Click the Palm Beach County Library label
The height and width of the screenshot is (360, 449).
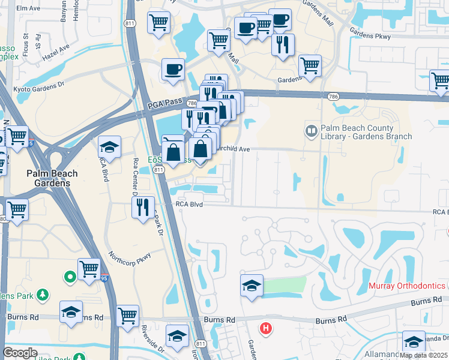pyautogui.click(x=366, y=132)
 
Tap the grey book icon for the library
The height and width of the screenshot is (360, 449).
pyautogui.click(x=312, y=130)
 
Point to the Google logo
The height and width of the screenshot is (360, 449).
pyautogui.click(x=20, y=353)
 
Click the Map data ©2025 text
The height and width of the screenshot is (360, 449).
pyautogui.click(x=424, y=355)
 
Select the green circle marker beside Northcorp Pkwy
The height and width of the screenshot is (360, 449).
pyautogui.click(x=70, y=277)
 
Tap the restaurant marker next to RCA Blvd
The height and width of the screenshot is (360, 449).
pyautogui.click(x=143, y=207)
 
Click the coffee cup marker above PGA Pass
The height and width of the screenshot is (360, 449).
pyautogui.click(x=173, y=69)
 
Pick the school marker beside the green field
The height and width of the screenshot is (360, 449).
pyautogui.click(x=252, y=285)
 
